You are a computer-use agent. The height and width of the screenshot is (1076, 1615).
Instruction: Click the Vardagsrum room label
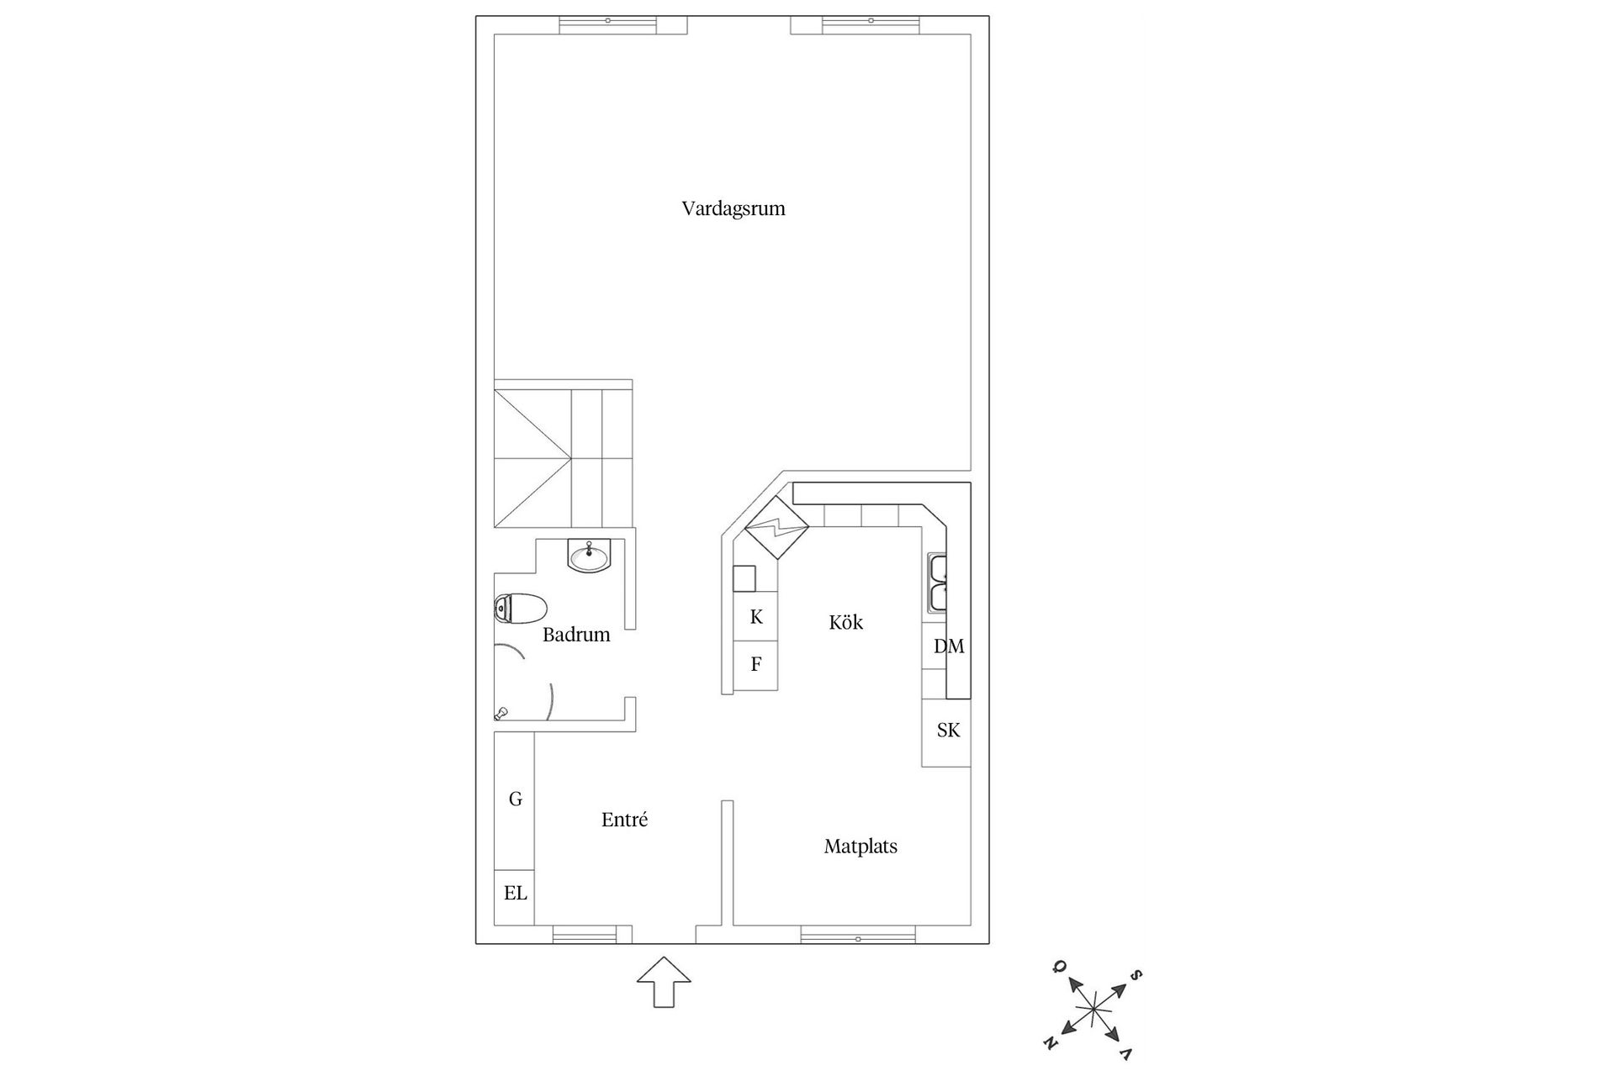click(733, 208)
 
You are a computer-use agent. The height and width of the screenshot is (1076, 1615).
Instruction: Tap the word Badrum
click(576, 635)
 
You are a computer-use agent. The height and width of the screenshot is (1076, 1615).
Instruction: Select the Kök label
click(845, 622)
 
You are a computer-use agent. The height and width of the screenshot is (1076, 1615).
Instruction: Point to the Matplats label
click(860, 847)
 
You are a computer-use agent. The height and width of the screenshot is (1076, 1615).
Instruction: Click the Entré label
click(624, 820)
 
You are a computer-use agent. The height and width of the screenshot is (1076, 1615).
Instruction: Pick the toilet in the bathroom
click(520, 608)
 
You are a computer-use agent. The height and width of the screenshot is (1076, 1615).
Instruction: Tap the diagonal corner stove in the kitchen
click(776, 528)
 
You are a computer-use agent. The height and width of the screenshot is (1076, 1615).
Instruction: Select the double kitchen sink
click(937, 583)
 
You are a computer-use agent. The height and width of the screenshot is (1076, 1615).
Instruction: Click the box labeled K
click(756, 617)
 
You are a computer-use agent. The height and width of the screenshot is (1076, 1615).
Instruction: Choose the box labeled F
click(756, 665)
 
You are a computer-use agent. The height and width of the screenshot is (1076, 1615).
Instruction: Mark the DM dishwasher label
click(949, 646)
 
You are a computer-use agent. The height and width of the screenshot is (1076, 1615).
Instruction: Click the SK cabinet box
click(947, 731)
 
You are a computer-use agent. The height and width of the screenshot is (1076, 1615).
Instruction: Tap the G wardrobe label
click(515, 799)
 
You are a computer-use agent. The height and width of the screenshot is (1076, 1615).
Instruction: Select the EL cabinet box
click(515, 894)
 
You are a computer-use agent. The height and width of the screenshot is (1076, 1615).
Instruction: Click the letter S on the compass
click(1136, 975)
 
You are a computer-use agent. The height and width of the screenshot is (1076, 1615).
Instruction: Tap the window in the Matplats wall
click(857, 935)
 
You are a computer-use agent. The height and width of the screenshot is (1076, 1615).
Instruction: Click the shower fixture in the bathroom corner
click(501, 714)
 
